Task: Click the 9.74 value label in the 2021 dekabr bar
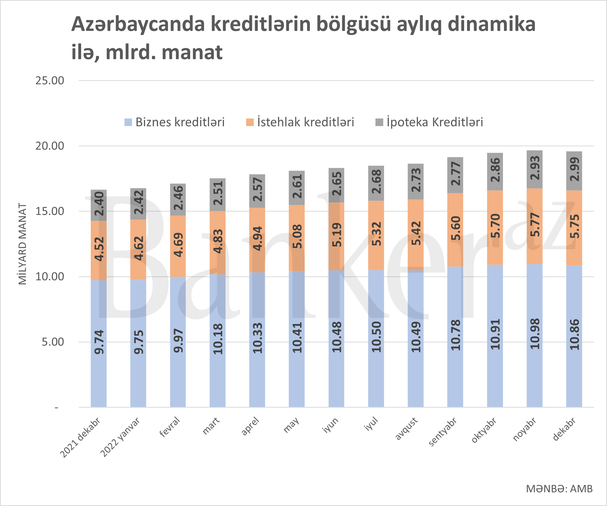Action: (99, 342)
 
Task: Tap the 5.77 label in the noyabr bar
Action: (535, 225)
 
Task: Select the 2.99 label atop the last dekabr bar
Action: (574, 169)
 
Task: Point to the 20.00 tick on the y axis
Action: (50, 146)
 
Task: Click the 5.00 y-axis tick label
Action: (53, 342)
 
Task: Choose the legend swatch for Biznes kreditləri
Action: (128, 122)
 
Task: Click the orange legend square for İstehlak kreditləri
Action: (250, 122)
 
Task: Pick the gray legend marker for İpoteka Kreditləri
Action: (379, 122)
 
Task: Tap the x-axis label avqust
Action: (406, 429)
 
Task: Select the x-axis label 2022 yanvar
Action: (120, 437)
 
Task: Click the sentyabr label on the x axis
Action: (442, 432)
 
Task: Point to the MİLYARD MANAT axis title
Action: (22, 244)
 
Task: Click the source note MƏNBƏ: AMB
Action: (559, 489)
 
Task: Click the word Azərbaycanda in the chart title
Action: (138, 24)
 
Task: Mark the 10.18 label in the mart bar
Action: (218, 339)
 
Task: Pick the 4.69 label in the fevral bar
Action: (178, 245)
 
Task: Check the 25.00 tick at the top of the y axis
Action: (50, 80)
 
